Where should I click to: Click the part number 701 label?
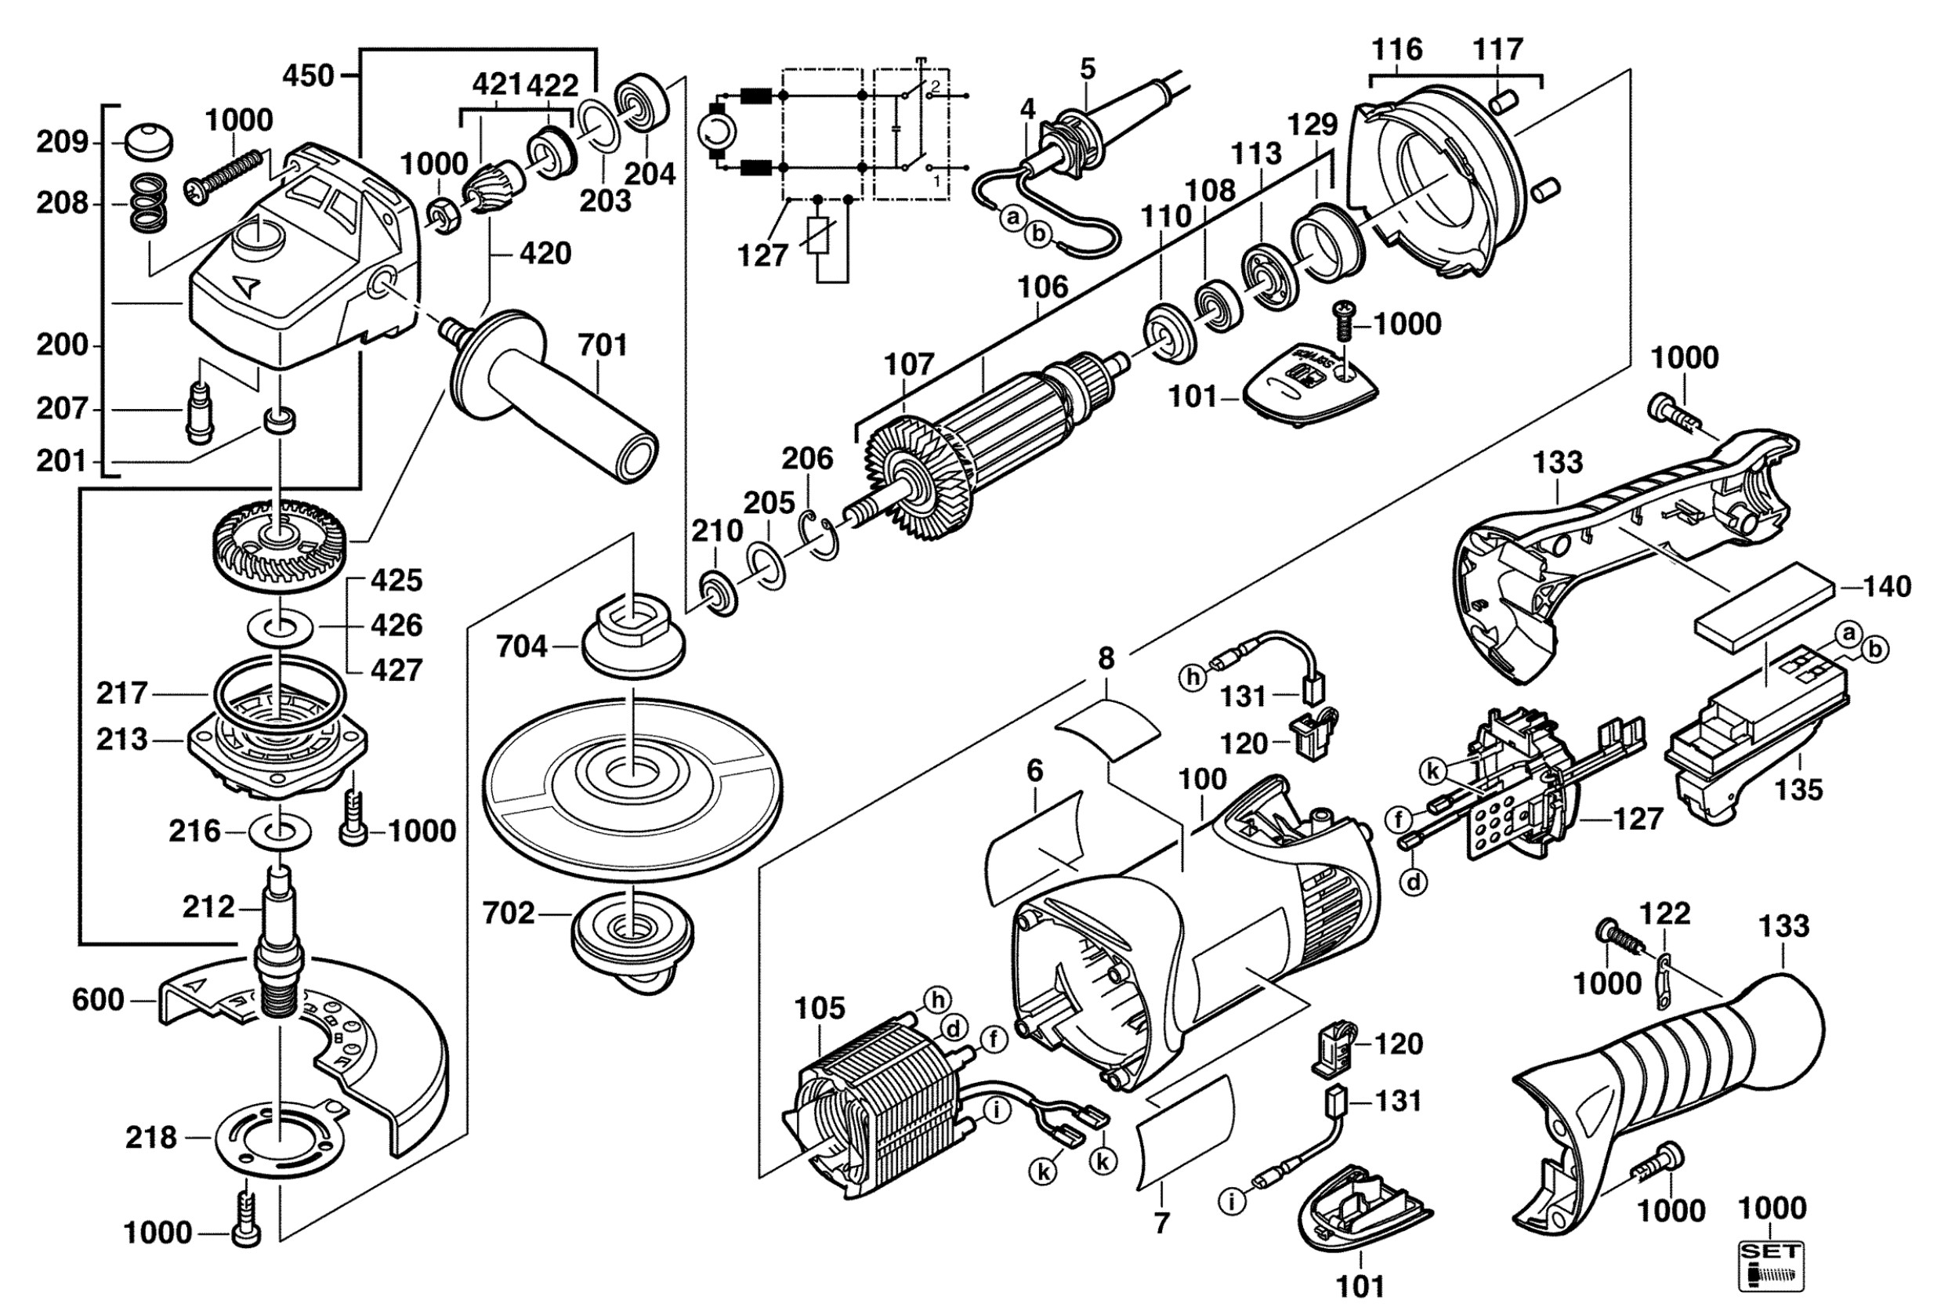tap(603, 345)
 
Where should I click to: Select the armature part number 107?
tap(908, 364)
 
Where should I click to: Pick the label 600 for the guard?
tap(98, 999)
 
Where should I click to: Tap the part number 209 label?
tap(62, 143)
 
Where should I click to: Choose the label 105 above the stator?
tap(820, 1008)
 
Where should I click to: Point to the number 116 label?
tap(1396, 50)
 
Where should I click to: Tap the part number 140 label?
tap(1887, 586)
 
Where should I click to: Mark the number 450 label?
tap(308, 76)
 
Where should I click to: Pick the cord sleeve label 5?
tap(1088, 69)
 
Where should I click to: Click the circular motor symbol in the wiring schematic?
tap(716, 132)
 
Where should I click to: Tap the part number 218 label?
tap(152, 1137)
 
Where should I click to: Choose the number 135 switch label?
tap(1799, 789)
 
